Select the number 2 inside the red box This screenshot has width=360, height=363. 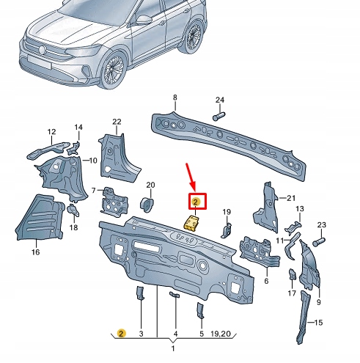point(196,202)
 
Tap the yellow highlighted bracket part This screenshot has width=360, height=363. point(193,223)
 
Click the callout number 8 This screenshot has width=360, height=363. point(175,98)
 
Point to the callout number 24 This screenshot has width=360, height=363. point(219,100)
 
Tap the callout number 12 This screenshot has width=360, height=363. point(51,132)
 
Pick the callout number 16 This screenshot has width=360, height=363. point(35,252)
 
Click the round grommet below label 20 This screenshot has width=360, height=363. point(147,203)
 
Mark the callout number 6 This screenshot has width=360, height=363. point(265,281)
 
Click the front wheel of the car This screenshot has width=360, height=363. point(115,67)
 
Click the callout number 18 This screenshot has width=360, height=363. point(73,228)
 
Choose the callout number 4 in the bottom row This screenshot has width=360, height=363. point(175,334)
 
